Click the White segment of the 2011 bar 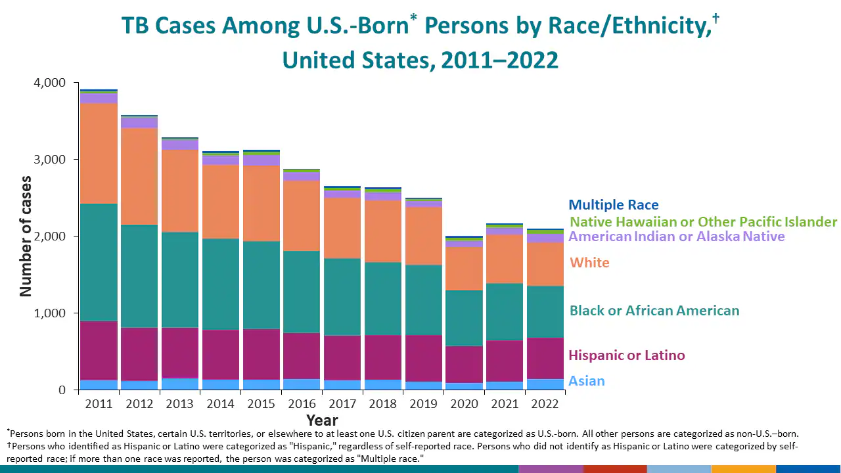[99, 153]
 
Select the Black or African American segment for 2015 [261, 284]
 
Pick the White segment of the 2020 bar [464, 268]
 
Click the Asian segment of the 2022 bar [545, 384]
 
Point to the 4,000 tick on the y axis [49, 83]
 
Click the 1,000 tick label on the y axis [49, 313]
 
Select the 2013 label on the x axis [179, 403]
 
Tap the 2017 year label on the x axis [342, 403]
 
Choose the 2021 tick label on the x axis [505, 403]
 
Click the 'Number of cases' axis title [26, 236]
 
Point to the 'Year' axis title [322, 420]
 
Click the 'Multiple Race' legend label [613, 205]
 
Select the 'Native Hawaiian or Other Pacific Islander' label [703, 222]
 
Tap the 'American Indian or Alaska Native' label [676, 236]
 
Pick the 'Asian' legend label [586, 381]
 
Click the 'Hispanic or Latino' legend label [626, 355]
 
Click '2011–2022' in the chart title [499, 60]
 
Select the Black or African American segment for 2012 [139, 276]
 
